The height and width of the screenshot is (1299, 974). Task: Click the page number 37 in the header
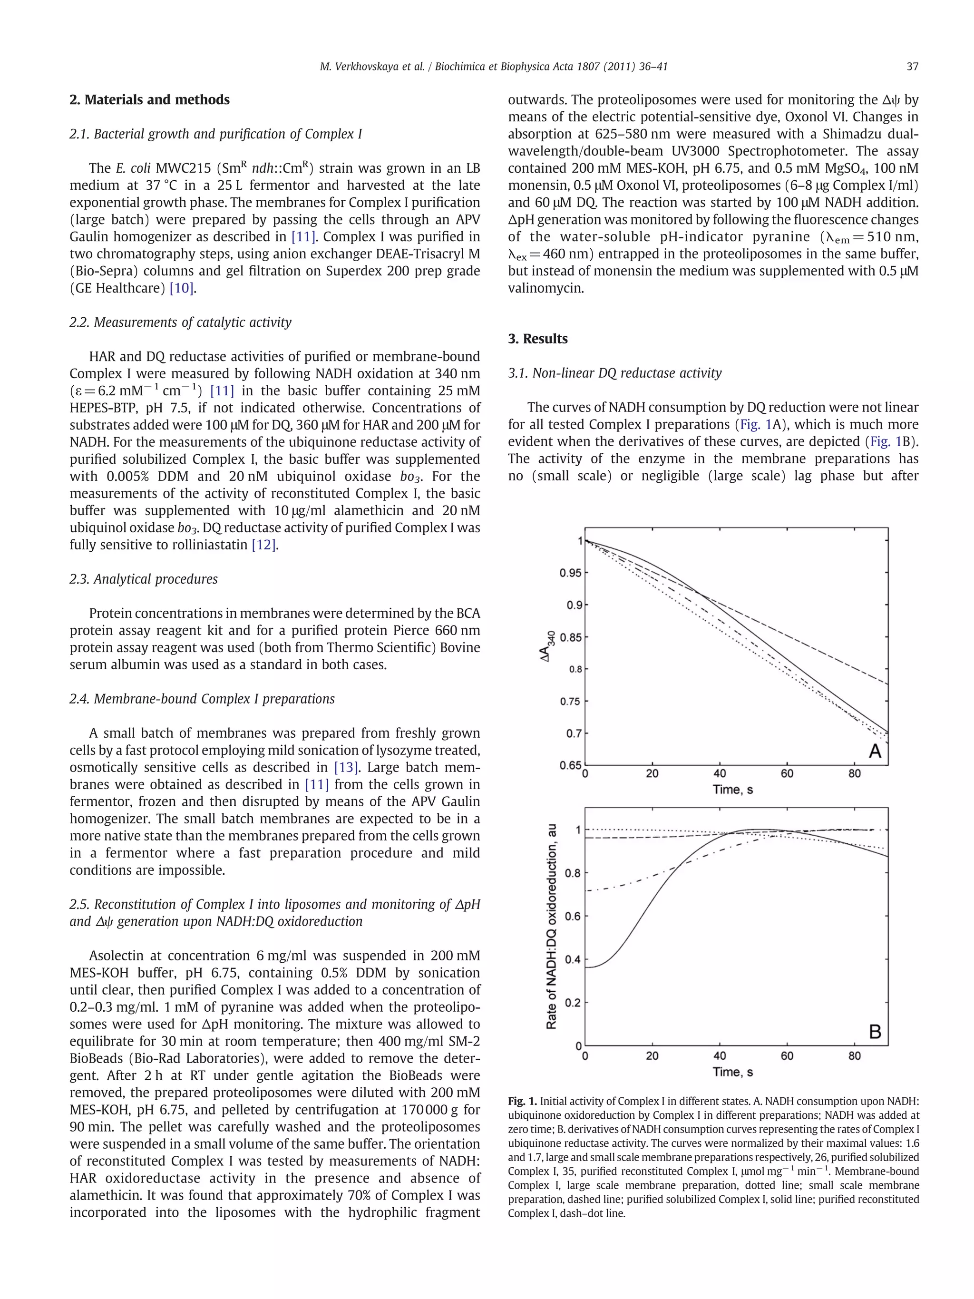point(912,67)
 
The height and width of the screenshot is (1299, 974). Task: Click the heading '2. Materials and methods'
point(149,100)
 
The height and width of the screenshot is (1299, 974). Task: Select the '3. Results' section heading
point(537,339)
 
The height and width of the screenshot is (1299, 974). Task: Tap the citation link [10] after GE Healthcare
point(181,288)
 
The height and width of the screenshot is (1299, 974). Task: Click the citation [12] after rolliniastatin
point(263,545)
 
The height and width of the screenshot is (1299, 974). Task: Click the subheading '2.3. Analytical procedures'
point(143,579)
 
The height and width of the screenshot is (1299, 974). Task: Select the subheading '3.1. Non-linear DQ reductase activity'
point(614,373)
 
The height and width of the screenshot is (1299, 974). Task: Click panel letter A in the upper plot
point(874,751)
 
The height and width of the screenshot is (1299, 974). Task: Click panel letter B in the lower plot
point(874,1031)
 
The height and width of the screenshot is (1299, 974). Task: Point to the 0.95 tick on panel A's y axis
point(570,573)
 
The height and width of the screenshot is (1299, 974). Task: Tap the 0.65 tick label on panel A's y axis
point(570,765)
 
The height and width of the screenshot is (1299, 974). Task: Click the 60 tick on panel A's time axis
point(787,774)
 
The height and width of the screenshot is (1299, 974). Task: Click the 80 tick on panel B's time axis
point(854,1056)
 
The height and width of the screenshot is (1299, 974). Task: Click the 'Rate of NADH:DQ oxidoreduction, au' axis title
point(551,926)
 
